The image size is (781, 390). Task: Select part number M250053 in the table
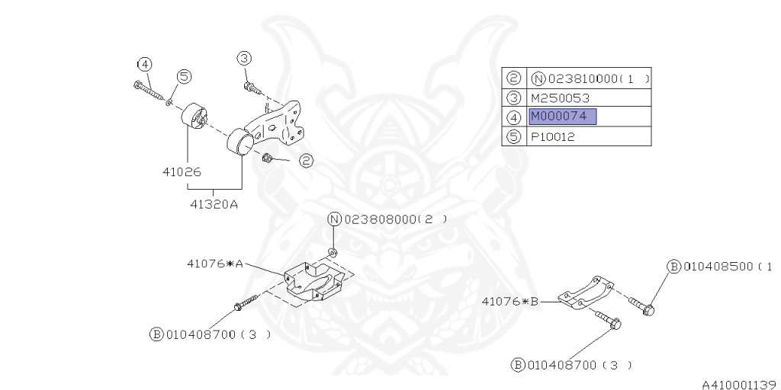tap(560, 97)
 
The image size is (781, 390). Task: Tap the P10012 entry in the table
tap(553, 137)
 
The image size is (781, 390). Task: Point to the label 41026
tap(181, 172)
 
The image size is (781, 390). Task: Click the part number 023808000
tap(381, 219)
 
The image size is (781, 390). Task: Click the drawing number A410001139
tap(738, 385)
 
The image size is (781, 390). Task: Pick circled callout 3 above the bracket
tap(243, 57)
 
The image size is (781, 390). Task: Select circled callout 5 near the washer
tap(185, 76)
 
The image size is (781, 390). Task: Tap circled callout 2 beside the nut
tap(305, 161)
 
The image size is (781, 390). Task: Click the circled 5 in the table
tap(513, 137)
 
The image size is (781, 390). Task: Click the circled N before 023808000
tap(334, 219)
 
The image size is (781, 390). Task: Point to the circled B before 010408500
tap(673, 267)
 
